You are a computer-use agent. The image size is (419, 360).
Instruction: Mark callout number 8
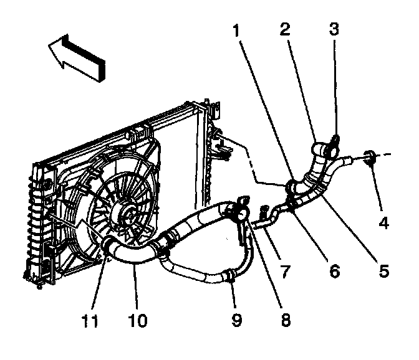point(286,321)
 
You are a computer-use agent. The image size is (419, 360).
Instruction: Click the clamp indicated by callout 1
point(291,186)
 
